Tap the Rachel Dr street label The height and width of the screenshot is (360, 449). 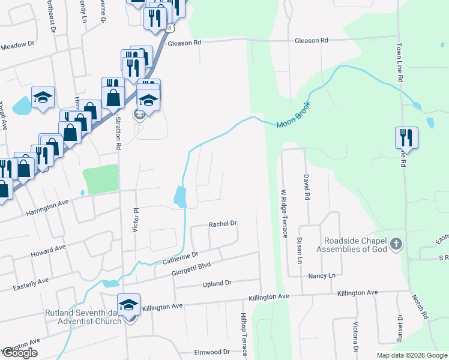click(223, 224)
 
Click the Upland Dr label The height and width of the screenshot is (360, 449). click(217, 283)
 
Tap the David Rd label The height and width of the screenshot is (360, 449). click(306, 187)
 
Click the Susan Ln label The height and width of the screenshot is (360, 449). click(299, 251)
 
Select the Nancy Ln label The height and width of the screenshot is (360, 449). click(322, 275)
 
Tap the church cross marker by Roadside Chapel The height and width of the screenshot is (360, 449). click(395, 244)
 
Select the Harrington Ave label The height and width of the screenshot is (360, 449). click(48, 208)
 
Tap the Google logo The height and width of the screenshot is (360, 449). click(20, 353)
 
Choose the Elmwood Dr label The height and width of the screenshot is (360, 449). click(212, 352)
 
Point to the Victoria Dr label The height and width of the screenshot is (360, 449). click(355, 339)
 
